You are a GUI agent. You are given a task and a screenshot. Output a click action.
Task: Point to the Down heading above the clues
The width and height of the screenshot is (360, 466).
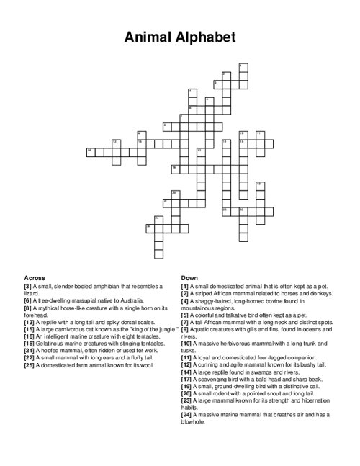(189, 277)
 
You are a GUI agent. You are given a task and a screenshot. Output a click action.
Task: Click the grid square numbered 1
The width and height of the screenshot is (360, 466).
(242, 68)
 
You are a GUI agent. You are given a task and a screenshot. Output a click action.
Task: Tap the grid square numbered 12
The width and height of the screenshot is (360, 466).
(116, 143)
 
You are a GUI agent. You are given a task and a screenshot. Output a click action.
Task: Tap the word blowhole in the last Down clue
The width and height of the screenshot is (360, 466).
(195, 422)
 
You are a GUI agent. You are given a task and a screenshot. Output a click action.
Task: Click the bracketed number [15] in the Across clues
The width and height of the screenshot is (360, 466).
(30, 328)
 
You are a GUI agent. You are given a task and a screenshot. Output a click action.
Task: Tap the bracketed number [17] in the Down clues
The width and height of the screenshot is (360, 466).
(187, 380)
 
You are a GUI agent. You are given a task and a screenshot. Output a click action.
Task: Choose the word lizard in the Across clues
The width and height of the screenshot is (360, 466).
(32, 292)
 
